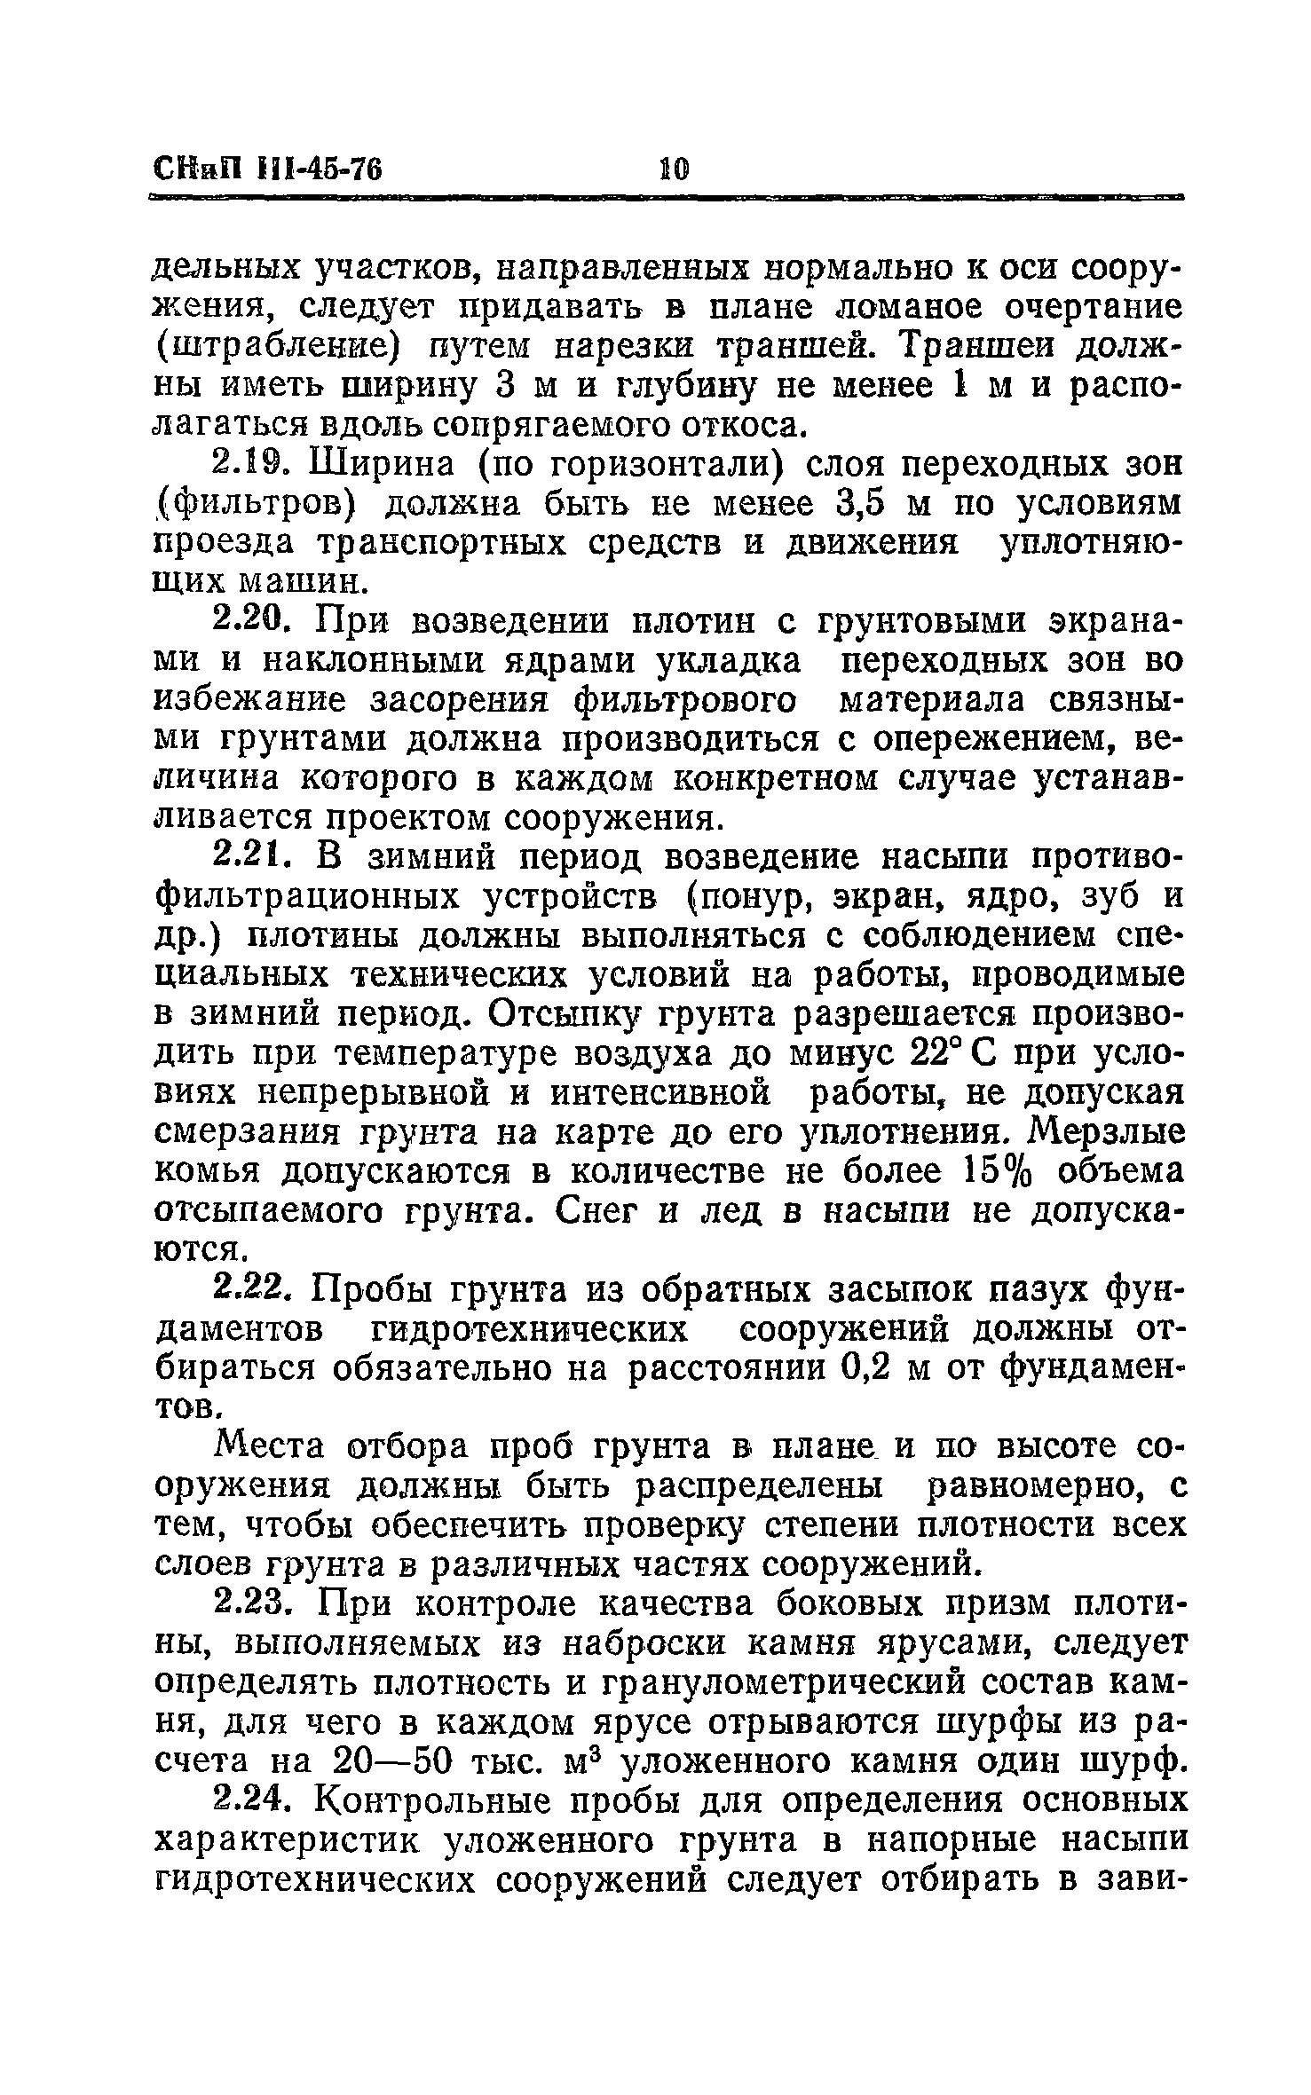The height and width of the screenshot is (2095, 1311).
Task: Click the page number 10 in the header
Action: pyautogui.click(x=673, y=168)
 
